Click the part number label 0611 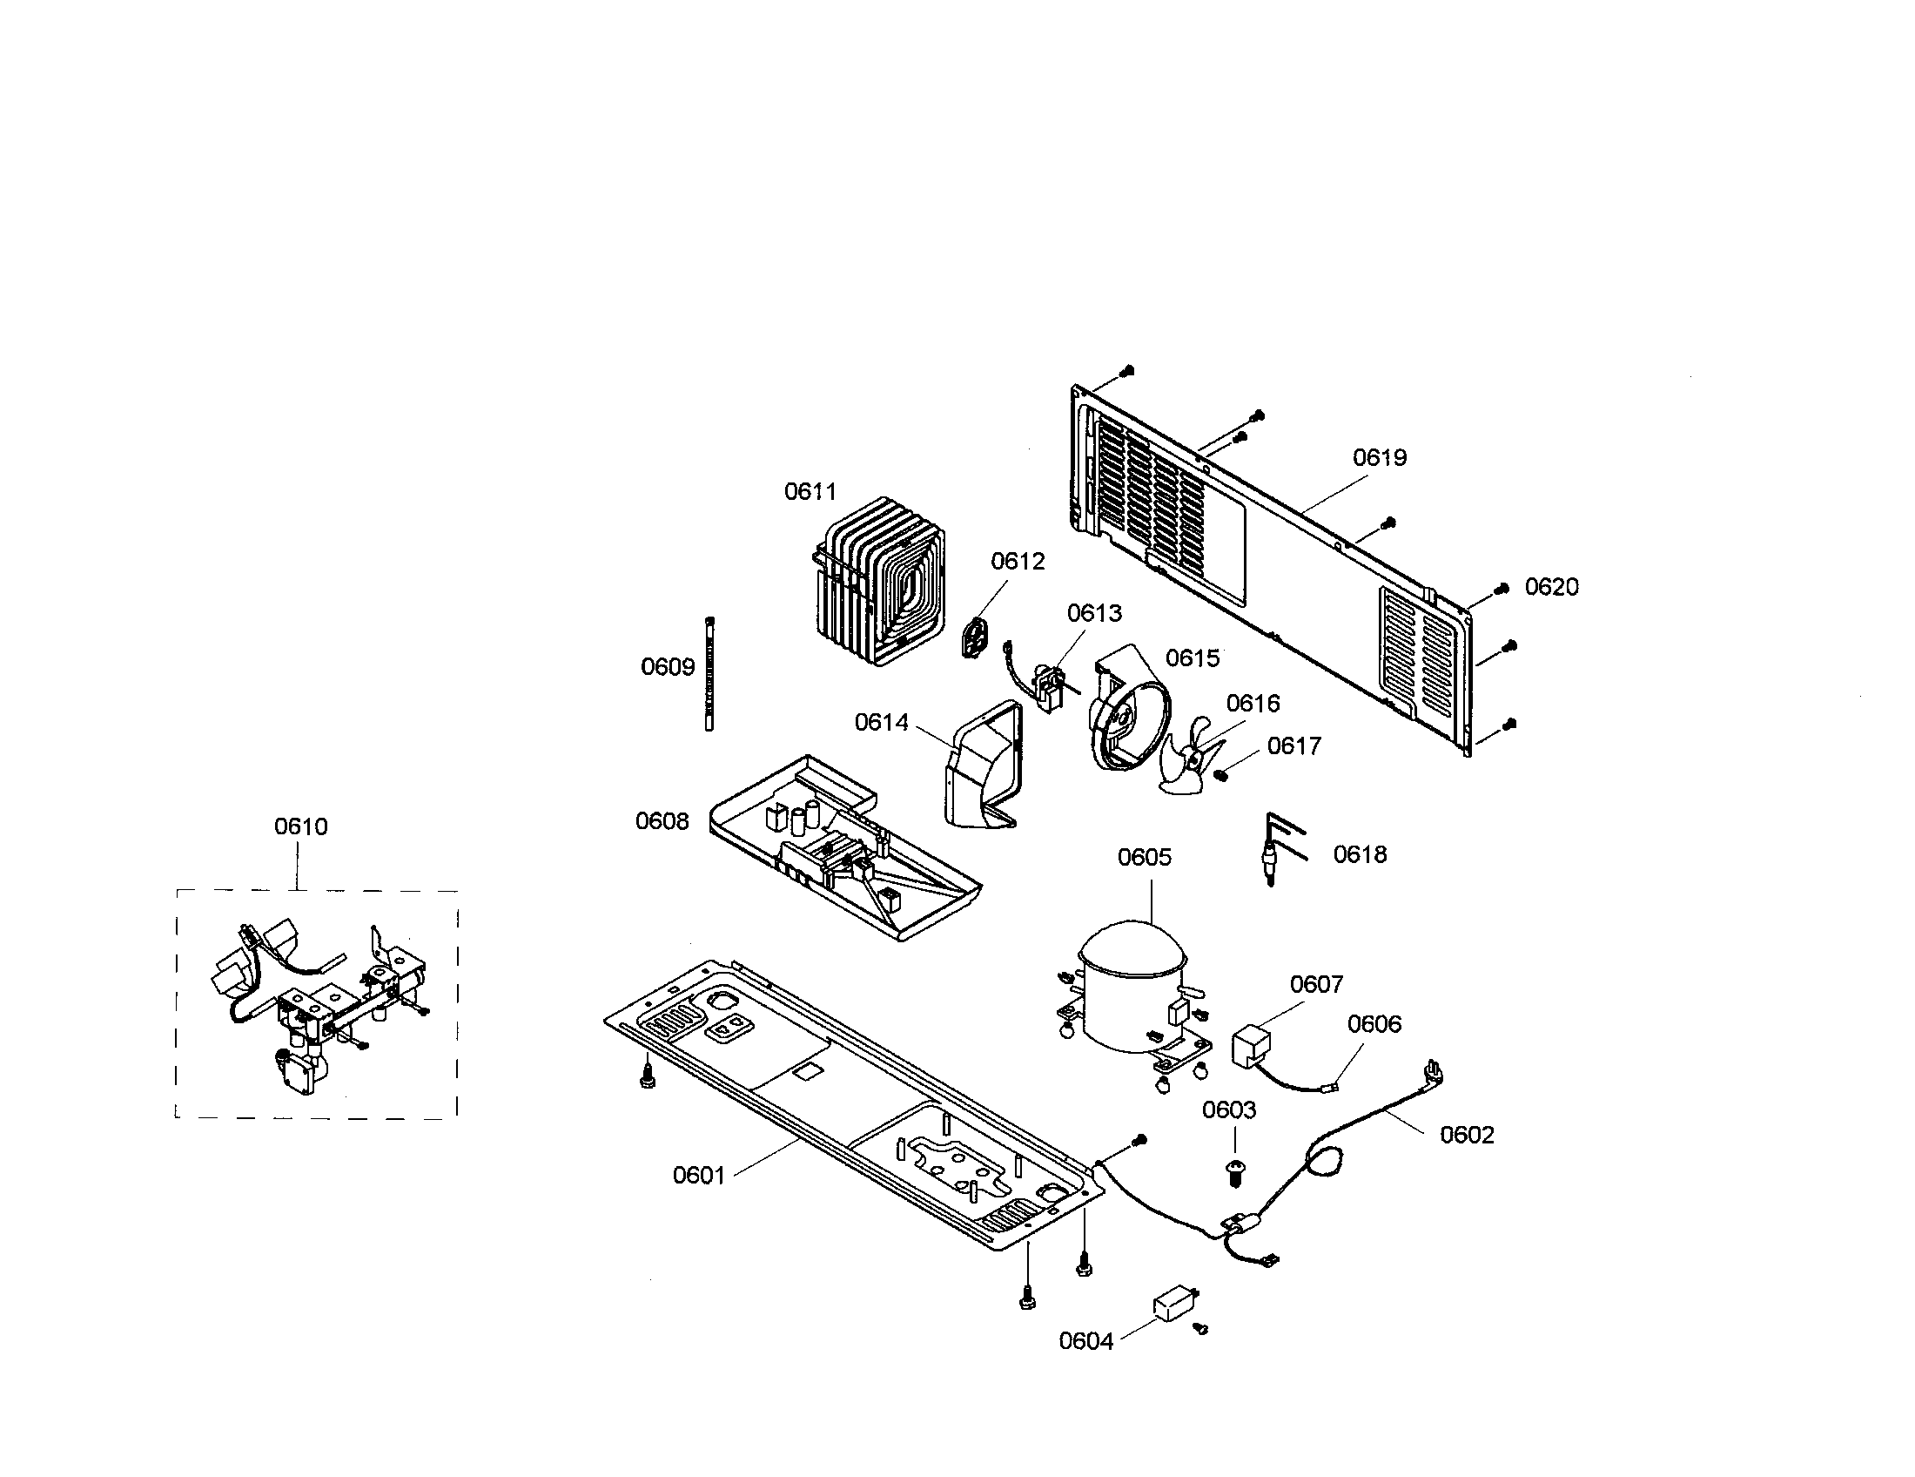810,491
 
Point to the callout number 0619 1380,457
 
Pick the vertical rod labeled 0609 709,673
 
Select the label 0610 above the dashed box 301,826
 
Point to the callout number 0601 698,1176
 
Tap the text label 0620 1551,587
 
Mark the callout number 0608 662,821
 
